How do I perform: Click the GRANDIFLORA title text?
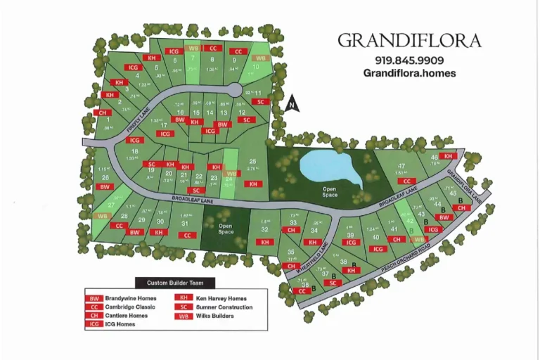[409, 41]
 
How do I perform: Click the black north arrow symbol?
[293, 105]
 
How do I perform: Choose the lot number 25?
[252, 162]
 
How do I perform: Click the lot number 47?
[401, 165]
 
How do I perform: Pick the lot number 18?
[134, 151]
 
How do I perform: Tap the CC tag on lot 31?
[187, 236]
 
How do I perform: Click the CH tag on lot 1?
[103, 112]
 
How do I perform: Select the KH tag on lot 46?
[449, 156]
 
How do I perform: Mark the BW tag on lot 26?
[105, 187]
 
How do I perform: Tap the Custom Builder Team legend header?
[175, 283]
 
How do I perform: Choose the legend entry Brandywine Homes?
[120, 298]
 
